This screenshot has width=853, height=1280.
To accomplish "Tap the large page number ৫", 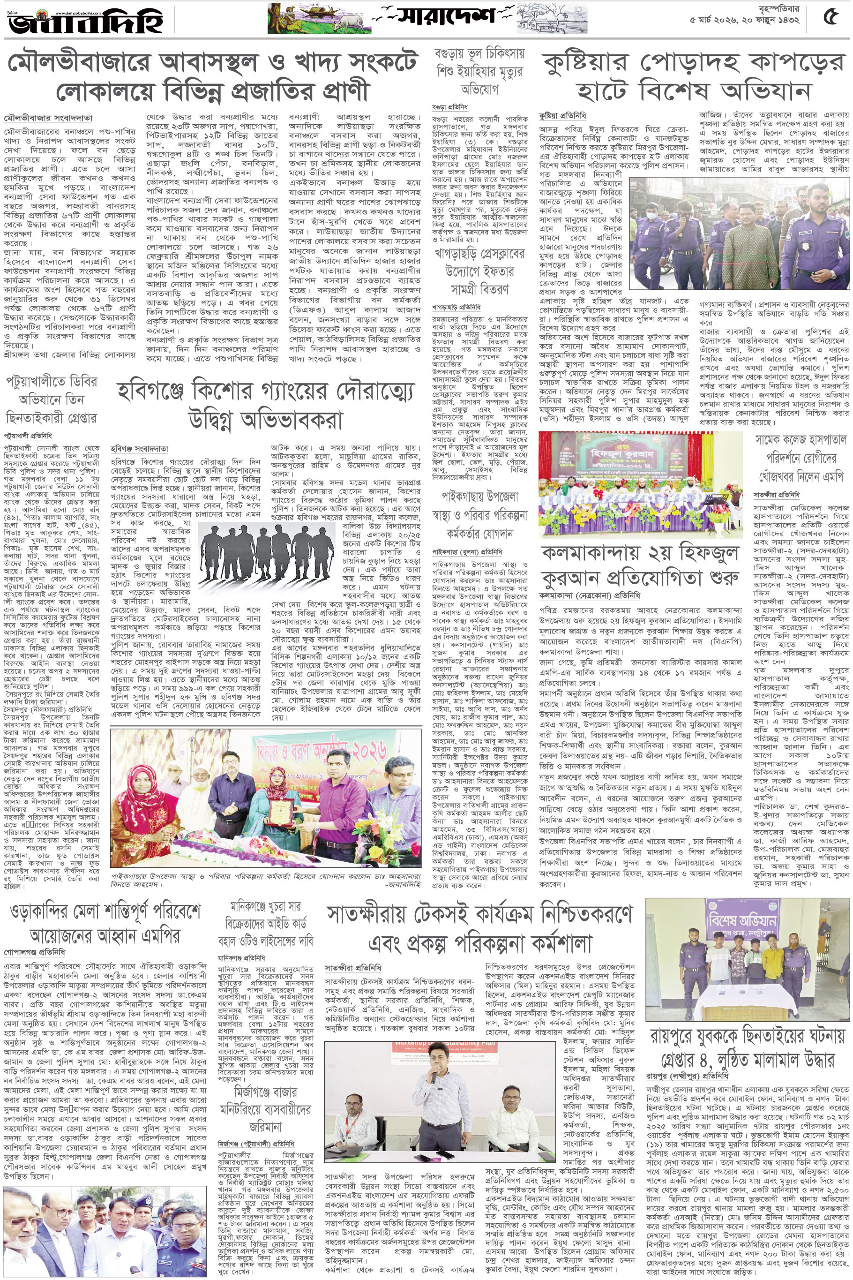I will pyautogui.click(x=830, y=18).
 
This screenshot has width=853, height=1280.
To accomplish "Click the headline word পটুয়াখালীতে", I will pyautogui.click(x=51, y=382).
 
